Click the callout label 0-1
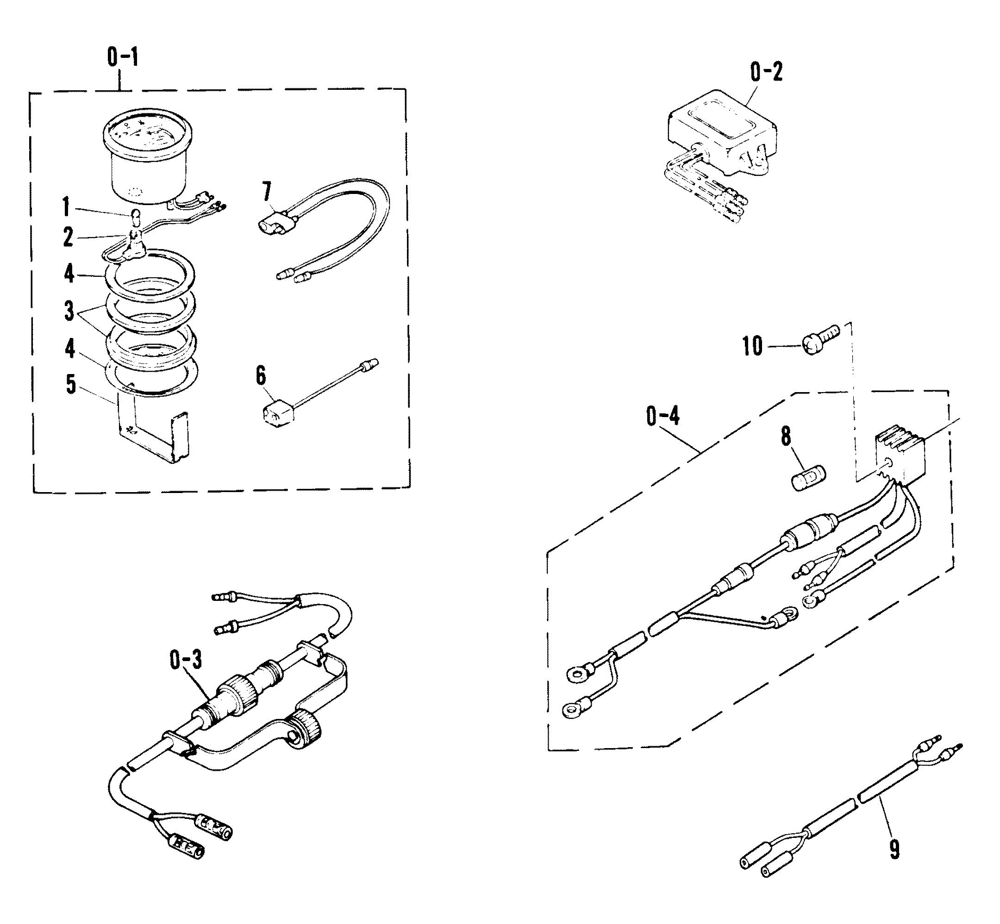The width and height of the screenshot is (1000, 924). tap(123, 58)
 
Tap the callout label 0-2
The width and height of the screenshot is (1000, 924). tap(766, 73)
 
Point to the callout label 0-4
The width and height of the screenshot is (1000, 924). tap(663, 416)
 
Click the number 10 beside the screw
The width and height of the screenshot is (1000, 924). tap(752, 346)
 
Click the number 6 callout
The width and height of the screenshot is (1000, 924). tap(261, 376)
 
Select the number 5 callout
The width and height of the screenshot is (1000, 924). tap(71, 384)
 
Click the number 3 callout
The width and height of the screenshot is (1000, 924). tap(69, 311)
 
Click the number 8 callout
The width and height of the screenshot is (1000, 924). tap(786, 436)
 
